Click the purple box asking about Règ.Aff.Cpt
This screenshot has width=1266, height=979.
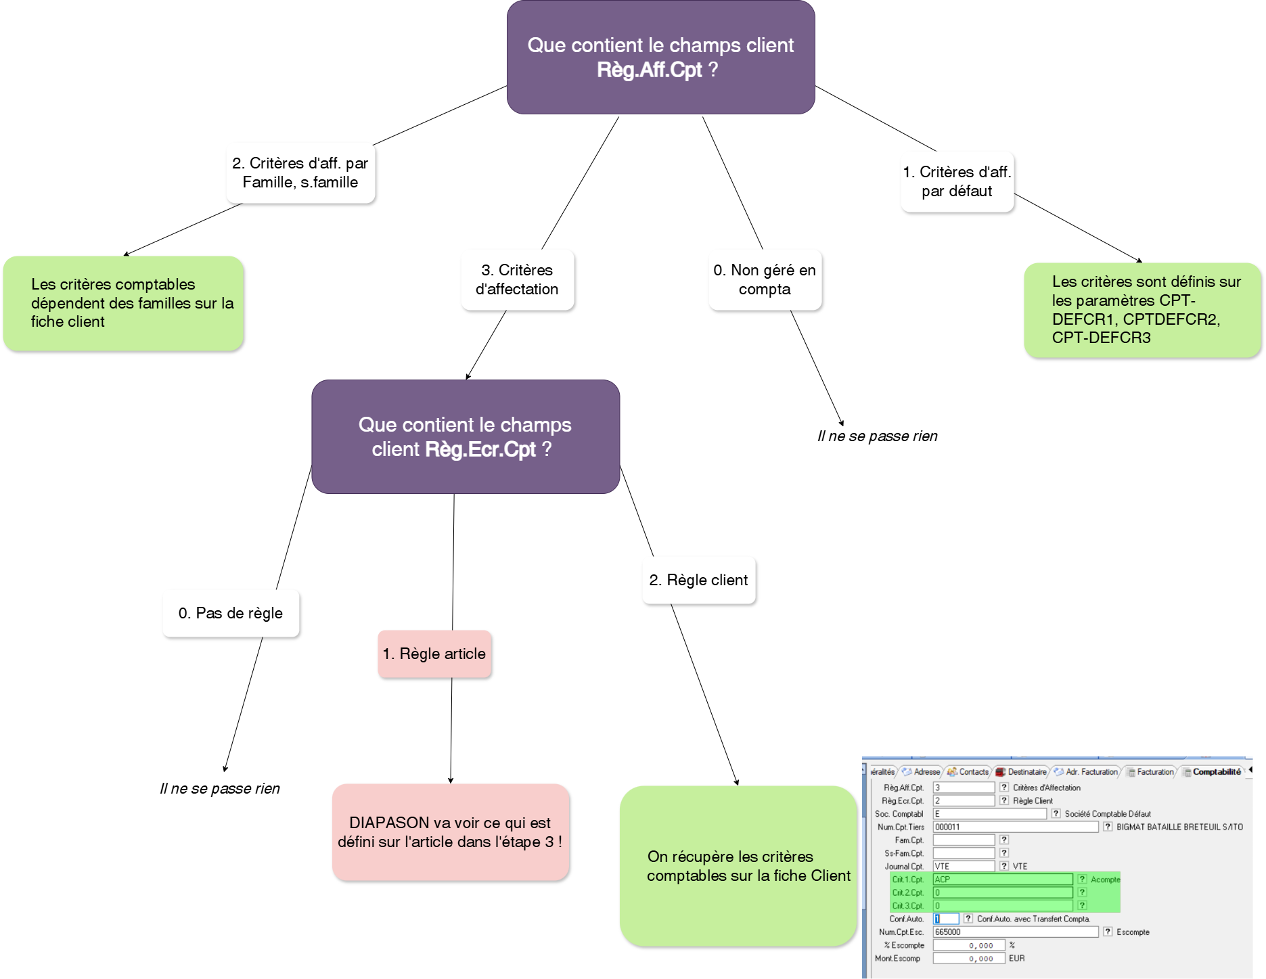[x=660, y=58]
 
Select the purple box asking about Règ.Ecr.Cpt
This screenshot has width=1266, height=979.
[x=465, y=436]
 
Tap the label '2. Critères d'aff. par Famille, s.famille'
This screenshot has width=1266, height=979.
[x=300, y=173]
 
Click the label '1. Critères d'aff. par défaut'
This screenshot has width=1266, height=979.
[x=957, y=181]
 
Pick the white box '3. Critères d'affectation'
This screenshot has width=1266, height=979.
[x=517, y=279]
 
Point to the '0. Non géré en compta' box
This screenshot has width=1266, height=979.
[x=765, y=279]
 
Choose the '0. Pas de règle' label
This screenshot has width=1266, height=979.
[x=230, y=613]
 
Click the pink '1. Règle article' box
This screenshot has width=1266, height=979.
[x=434, y=654]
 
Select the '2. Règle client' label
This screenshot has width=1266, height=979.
[x=698, y=580]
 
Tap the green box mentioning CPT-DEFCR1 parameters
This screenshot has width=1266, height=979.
[x=1141, y=310]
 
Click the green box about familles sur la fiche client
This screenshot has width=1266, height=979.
[x=122, y=303]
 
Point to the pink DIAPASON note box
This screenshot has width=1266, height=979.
[x=450, y=832]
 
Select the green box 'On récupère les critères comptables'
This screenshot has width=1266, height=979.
[x=738, y=866]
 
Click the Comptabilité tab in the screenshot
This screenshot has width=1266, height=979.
[x=1216, y=772]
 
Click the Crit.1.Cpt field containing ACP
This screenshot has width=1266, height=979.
[x=1002, y=880]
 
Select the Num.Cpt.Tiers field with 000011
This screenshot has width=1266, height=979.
[x=1015, y=827]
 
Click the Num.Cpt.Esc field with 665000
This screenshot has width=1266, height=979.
[x=1015, y=932]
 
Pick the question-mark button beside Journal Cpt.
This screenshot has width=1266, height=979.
[x=1004, y=866]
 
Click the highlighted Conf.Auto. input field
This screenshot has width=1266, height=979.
[x=946, y=919]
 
